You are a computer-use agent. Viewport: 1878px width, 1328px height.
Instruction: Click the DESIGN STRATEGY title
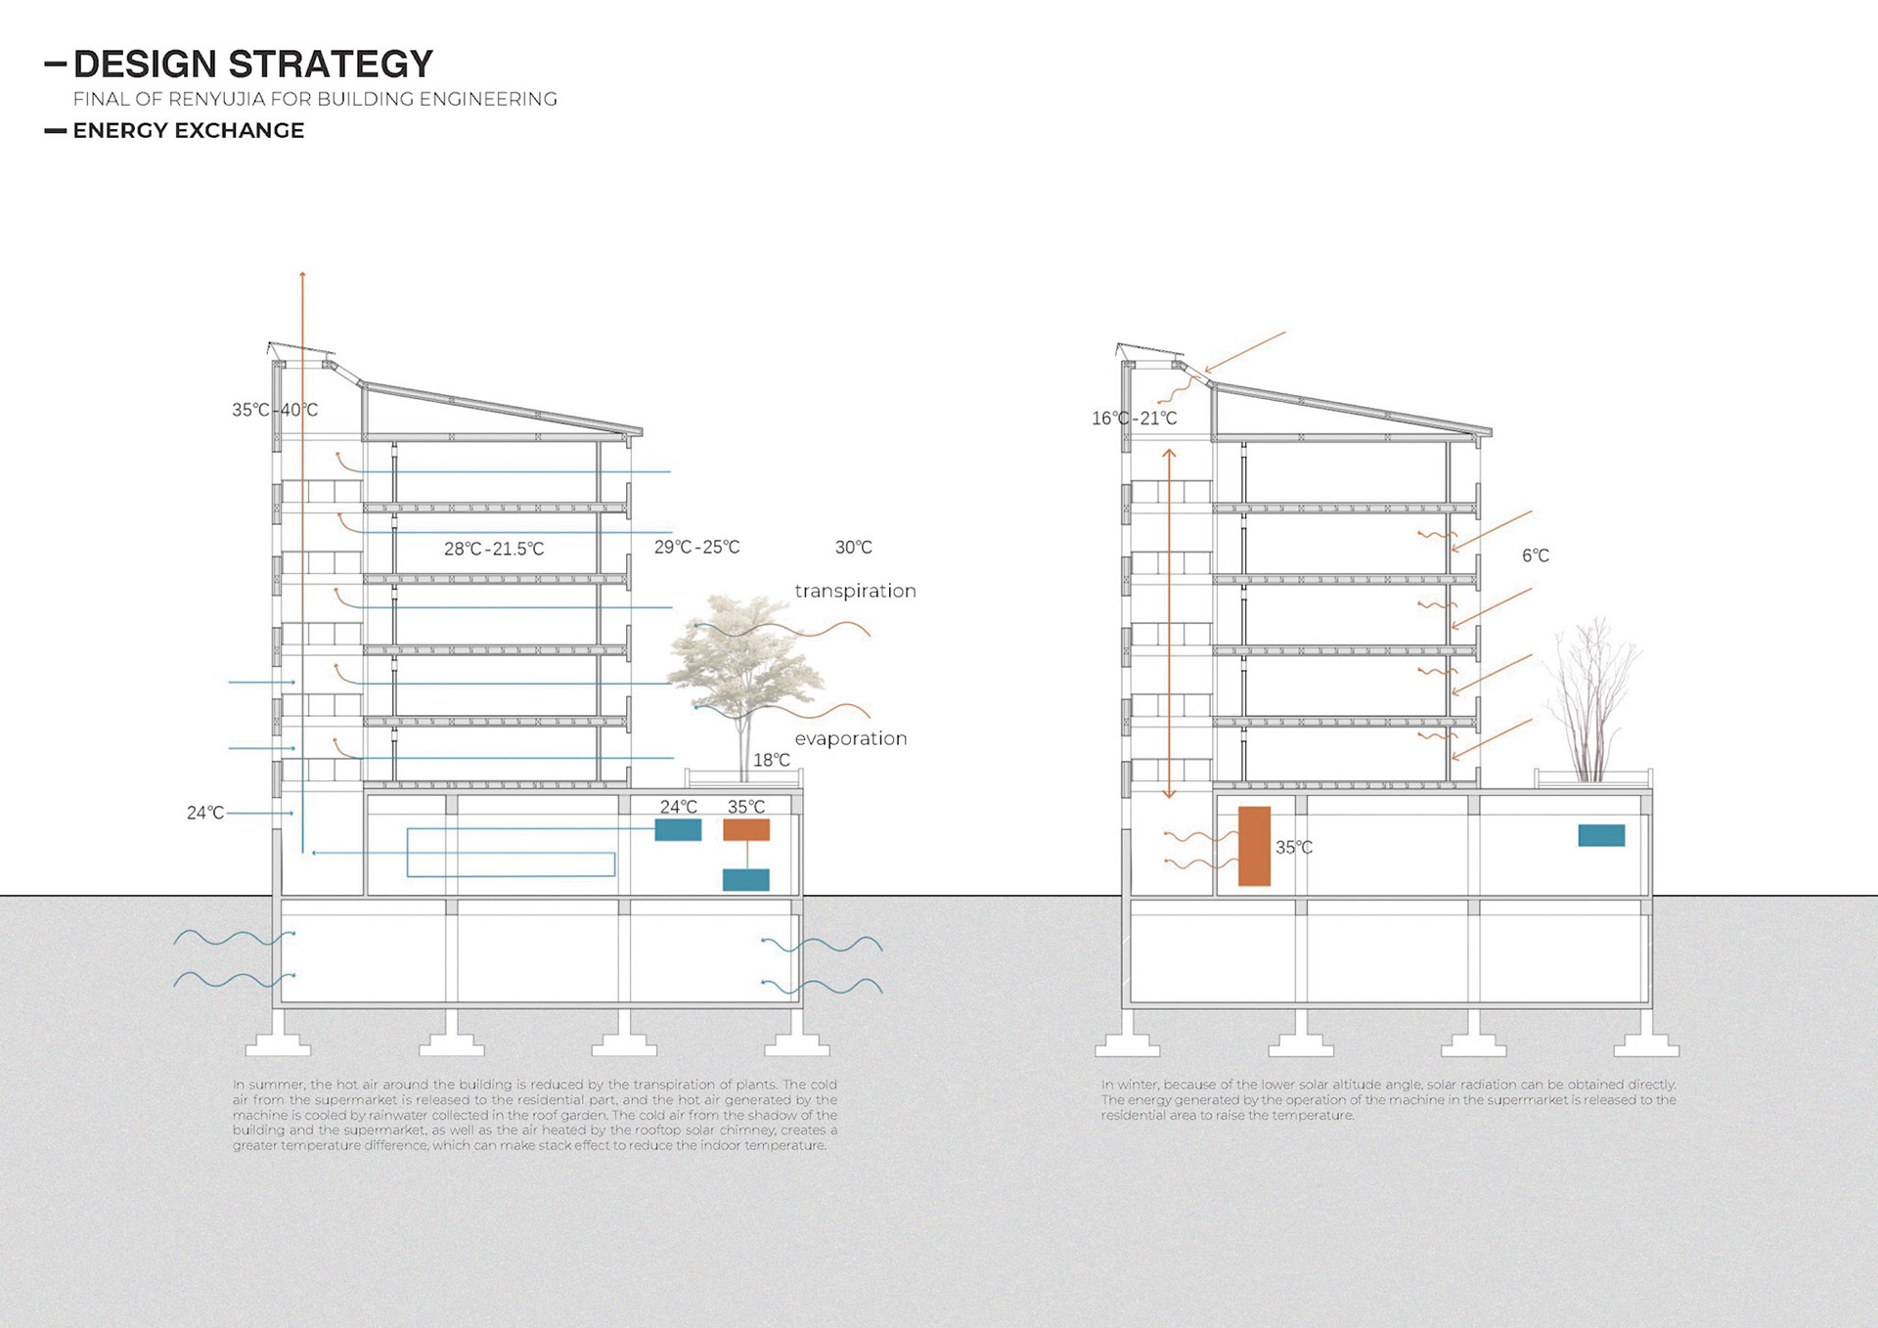pyautogui.click(x=252, y=65)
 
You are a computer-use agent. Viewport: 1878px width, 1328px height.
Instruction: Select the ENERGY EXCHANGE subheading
pyautogui.click(x=188, y=131)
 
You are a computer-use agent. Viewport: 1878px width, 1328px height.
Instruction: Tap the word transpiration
pyautogui.click(x=855, y=591)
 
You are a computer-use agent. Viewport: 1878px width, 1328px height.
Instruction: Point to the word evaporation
pyautogui.click(x=850, y=738)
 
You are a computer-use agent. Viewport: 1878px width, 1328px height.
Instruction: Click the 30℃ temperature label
pyautogui.click(x=853, y=548)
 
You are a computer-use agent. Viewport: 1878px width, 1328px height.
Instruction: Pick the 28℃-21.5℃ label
pyautogui.click(x=493, y=549)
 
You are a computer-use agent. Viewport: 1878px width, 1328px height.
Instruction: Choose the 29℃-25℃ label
pyautogui.click(x=696, y=548)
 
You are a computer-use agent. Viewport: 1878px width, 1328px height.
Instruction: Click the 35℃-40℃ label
pyautogui.click(x=274, y=410)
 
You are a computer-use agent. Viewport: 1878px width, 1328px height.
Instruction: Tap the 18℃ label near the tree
pyautogui.click(x=771, y=760)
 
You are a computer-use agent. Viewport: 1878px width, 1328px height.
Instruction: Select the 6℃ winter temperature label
pyautogui.click(x=1535, y=555)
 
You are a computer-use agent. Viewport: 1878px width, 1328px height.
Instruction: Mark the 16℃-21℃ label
pyautogui.click(x=1134, y=419)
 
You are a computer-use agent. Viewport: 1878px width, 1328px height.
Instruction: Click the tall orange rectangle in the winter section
pyautogui.click(x=1254, y=846)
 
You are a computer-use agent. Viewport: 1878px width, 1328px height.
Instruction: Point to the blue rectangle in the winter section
pyautogui.click(x=1601, y=835)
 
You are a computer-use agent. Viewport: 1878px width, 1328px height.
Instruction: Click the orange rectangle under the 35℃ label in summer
pyautogui.click(x=746, y=830)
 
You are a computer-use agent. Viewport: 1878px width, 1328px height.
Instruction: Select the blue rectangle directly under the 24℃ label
pyautogui.click(x=678, y=830)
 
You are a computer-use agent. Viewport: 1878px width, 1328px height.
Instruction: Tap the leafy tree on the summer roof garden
pyautogui.click(x=745, y=655)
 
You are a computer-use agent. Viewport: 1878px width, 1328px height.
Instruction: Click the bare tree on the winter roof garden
pyautogui.click(x=1590, y=699)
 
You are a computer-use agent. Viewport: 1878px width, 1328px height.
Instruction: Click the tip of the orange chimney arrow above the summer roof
pyautogui.click(x=303, y=274)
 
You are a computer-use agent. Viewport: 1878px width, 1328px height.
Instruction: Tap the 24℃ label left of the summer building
pyautogui.click(x=205, y=813)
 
